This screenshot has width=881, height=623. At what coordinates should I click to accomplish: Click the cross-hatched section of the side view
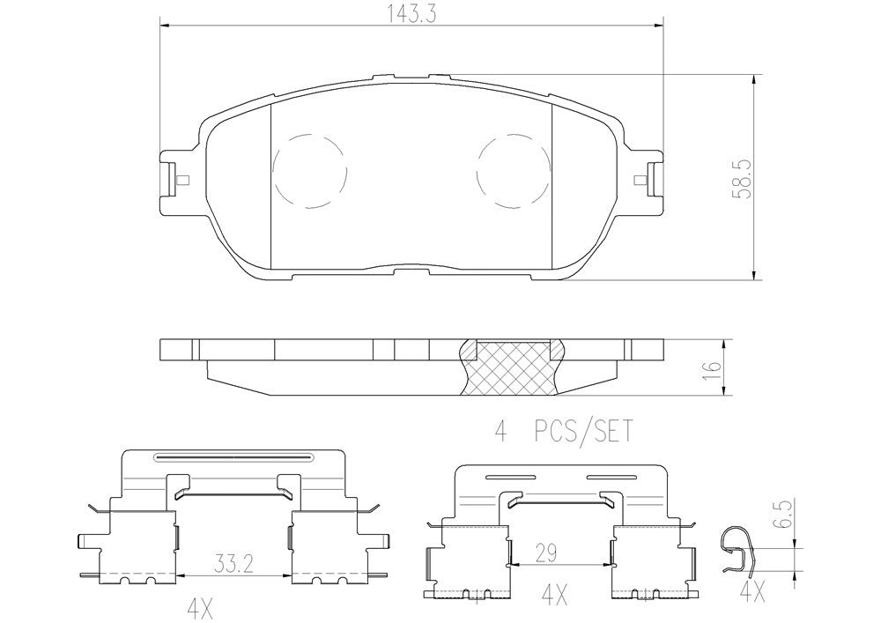coord(513,368)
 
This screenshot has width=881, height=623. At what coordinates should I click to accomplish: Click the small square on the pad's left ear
coord(181,182)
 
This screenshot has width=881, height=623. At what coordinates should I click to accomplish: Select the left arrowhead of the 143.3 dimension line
coord(165,27)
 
